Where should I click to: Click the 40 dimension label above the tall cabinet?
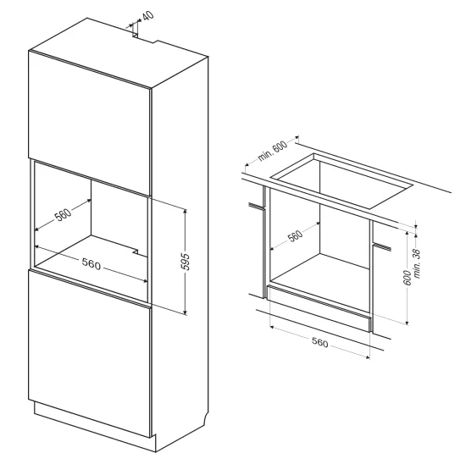[148, 15]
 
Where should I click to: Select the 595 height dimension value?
[186, 262]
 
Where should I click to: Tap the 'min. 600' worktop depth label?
[272, 151]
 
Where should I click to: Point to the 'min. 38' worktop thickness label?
[417, 263]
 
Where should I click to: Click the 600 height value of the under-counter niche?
[408, 278]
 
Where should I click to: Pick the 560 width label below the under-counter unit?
[319, 343]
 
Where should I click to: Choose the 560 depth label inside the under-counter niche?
[295, 235]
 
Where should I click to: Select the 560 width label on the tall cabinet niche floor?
[92, 264]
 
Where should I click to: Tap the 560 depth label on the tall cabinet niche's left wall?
[63, 214]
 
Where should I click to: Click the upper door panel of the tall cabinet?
[89, 123]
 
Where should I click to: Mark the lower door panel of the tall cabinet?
[89, 353]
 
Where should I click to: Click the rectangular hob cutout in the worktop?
[341, 181]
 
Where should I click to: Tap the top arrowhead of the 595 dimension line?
[186, 211]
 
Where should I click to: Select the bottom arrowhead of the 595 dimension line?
[186, 312]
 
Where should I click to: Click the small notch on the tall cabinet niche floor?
[136, 251]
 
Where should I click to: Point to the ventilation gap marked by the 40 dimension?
[135, 36]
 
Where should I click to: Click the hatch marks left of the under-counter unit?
[256, 206]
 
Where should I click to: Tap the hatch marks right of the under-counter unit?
[382, 246]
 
